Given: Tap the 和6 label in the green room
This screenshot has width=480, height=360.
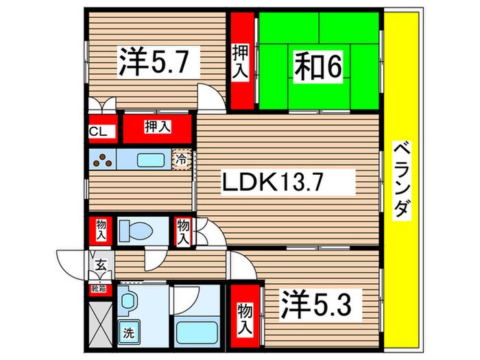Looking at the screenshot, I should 319,67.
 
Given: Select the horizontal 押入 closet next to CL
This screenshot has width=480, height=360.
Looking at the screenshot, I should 157,127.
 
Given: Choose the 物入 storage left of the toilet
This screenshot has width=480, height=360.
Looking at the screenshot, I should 101,230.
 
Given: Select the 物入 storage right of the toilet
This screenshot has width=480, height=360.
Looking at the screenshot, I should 183,232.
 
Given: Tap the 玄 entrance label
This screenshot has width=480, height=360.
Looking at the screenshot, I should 100,264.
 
